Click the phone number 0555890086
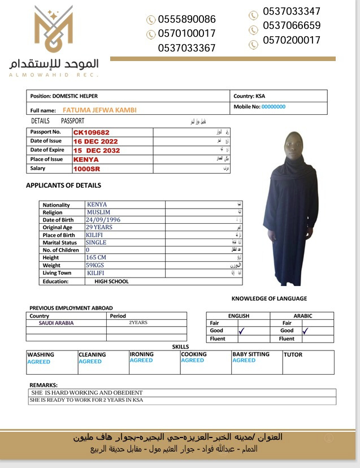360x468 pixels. [186, 19]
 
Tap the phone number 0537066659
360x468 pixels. [291, 25]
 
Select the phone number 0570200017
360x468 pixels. [291, 40]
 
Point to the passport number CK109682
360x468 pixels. [92, 132]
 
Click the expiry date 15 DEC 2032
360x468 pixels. [97, 150]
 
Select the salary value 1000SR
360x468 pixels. [86, 168]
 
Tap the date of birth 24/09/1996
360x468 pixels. [103, 220]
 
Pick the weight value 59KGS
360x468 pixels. [96, 265]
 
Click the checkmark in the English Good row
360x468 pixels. [241, 331]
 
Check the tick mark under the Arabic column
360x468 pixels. [306, 331]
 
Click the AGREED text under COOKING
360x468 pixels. [192, 361]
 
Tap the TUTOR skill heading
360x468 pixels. [293, 355]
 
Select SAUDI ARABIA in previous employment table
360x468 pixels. [56, 323]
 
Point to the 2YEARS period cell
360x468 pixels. [138, 323]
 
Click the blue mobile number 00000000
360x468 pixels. [274, 106]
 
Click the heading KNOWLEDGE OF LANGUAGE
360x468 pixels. [269, 298]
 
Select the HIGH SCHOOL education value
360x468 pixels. [111, 281]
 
